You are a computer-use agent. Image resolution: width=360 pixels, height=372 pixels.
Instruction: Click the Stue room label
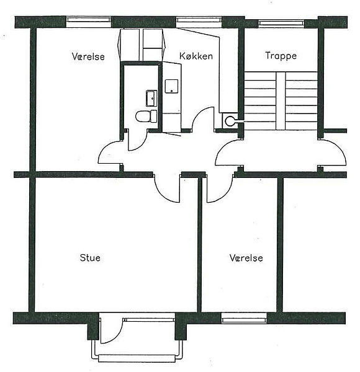click(x=90, y=258)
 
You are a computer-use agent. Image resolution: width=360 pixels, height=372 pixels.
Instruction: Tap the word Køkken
click(x=196, y=56)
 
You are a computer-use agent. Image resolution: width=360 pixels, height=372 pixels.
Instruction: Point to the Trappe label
click(x=281, y=56)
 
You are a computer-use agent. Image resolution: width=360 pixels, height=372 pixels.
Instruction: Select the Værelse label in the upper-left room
click(x=88, y=56)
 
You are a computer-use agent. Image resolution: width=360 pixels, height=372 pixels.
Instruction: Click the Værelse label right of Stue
click(x=246, y=258)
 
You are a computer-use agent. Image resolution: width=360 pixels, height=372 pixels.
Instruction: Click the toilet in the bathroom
click(x=146, y=117)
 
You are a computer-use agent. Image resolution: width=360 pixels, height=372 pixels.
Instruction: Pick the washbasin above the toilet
click(x=151, y=98)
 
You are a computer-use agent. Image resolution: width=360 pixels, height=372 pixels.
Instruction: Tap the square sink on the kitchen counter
click(x=172, y=86)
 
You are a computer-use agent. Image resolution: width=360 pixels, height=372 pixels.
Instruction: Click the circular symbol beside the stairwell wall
click(x=230, y=121)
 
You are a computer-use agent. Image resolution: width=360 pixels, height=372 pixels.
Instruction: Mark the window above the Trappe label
click(x=281, y=23)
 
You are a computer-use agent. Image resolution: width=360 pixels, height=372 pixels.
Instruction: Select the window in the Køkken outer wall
click(x=199, y=20)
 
